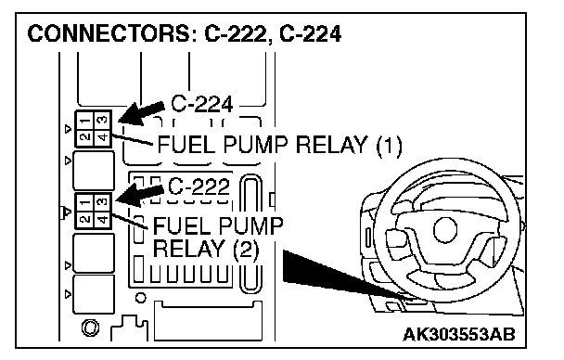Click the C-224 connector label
click(x=202, y=104)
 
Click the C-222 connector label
click(x=199, y=186)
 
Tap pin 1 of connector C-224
click(x=85, y=121)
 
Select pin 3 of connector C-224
click(x=102, y=121)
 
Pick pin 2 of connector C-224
click(x=85, y=137)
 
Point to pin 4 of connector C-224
click(x=102, y=137)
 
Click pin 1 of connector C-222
click(x=85, y=202)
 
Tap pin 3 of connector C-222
click(x=102, y=202)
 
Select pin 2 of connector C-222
click(x=85, y=219)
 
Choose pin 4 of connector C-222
click(x=102, y=219)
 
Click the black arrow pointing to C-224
click(x=141, y=113)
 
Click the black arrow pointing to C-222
click(x=139, y=195)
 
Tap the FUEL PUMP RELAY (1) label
click(x=279, y=145)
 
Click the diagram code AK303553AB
click(x=459, y=334)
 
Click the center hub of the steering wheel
click(x=445, y=229)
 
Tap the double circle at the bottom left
click(x=90, y=328)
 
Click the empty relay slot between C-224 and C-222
click(x=94, y=171)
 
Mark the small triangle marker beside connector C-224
click(x=68, y=129)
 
